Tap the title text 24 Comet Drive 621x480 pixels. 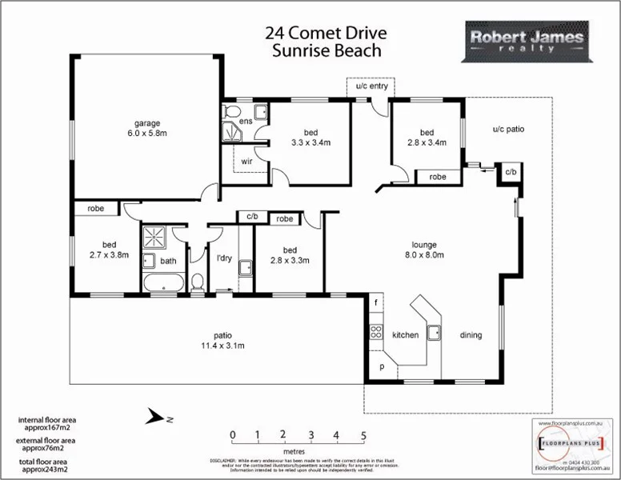coord(325,34)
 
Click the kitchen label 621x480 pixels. coord(405,335)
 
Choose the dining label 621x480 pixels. coord(471,335)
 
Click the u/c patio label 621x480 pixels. coord(509,128)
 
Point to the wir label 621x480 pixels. coord(247,160)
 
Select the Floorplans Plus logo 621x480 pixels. coord(570,442)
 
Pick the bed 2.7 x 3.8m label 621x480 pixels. coord(110,250)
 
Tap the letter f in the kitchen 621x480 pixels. coord(375,303)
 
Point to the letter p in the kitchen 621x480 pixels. coord(383,366)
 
